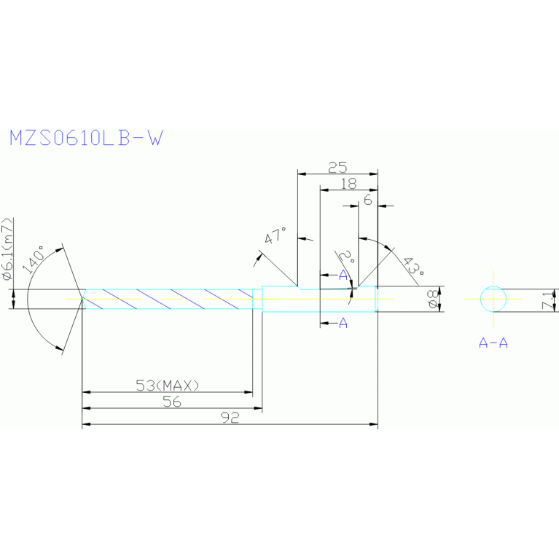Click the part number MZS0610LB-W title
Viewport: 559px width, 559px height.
pos(85,138)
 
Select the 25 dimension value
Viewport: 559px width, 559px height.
pos(337,167)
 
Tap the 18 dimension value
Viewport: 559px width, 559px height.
pos(348,184)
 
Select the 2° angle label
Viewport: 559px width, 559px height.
pos(348,257)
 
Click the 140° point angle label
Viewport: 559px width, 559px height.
pos(38,259)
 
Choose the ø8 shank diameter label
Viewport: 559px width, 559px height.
pos(432,300)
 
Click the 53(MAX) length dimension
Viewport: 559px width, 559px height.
pos(168,385)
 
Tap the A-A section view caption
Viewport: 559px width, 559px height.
pos(493,343)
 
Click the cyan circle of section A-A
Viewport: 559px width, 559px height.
pos(493,298)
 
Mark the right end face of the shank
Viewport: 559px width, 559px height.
pos(378,298)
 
